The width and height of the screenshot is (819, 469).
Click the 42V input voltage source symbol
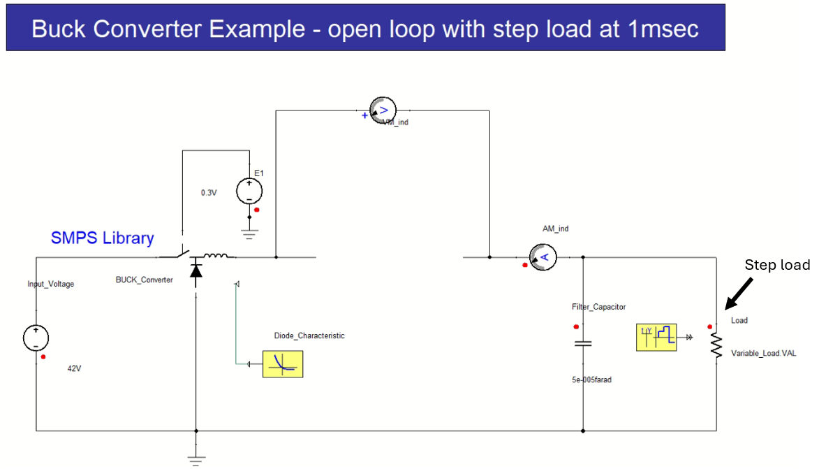36,338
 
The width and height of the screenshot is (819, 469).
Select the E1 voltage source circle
249,191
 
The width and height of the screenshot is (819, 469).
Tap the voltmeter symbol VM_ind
383,110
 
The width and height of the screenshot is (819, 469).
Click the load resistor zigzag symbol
716,345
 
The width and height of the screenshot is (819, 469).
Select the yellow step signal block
656,337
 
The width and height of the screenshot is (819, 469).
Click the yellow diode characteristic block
283,363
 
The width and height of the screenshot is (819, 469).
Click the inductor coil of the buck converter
216,257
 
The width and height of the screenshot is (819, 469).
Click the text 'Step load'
776,265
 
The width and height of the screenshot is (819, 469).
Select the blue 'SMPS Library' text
102,238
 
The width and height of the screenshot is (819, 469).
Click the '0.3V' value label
209,192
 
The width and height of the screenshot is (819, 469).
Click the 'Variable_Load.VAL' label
763,354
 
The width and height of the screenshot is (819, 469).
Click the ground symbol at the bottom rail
196,459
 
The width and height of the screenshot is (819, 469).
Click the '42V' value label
75,368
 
